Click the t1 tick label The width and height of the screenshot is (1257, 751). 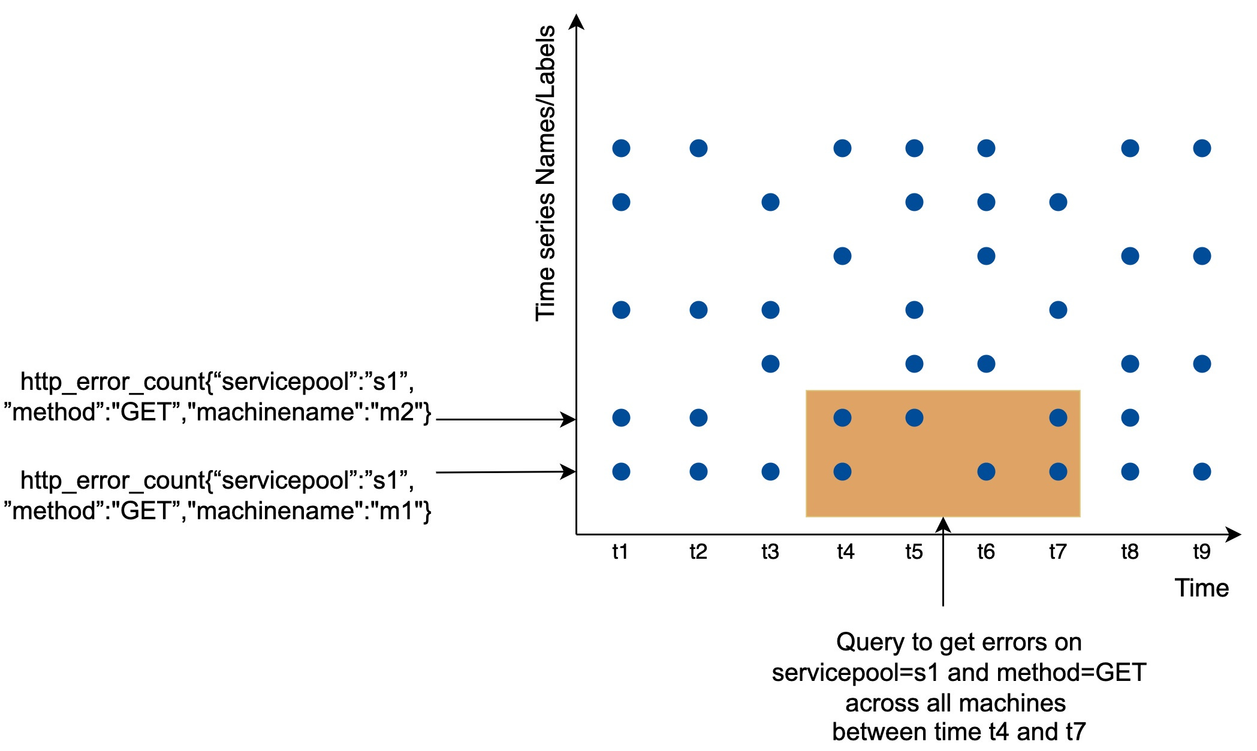(620, 552)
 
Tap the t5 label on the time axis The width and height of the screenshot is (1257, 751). (914, 552)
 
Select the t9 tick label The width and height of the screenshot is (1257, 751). (1201, 552)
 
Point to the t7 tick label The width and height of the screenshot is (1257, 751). (1057, 552)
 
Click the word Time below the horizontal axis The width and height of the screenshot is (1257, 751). (1201, 588)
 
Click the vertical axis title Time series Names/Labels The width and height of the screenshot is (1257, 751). (545, 174)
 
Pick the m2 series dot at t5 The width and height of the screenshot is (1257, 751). (914, 417)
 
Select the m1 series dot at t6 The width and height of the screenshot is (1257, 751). (986, 472)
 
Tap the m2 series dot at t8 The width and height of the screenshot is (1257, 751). (1130, 417)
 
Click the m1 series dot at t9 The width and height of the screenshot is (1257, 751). (1202, 472)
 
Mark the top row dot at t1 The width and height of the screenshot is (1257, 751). (621, 148)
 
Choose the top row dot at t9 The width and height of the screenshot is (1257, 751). (1202, 148)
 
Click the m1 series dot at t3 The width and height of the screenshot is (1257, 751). (770, 472)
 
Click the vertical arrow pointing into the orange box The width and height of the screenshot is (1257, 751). (943, 563)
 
